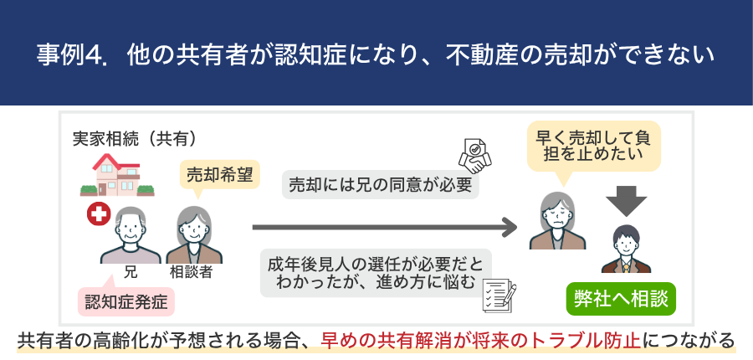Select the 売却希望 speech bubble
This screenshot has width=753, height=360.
pos(217,175)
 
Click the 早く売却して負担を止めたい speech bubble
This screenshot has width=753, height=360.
pos(592,144)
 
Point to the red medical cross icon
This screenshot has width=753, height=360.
pos(99,215)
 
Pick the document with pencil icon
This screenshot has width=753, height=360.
pos(499,294)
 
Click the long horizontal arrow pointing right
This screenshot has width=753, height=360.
pos(385,226)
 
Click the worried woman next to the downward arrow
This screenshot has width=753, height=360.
pos(556,221)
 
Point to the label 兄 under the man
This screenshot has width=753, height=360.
pos(130,271)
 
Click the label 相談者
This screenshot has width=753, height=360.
pos(192,271)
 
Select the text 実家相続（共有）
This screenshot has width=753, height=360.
pos(134,137)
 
